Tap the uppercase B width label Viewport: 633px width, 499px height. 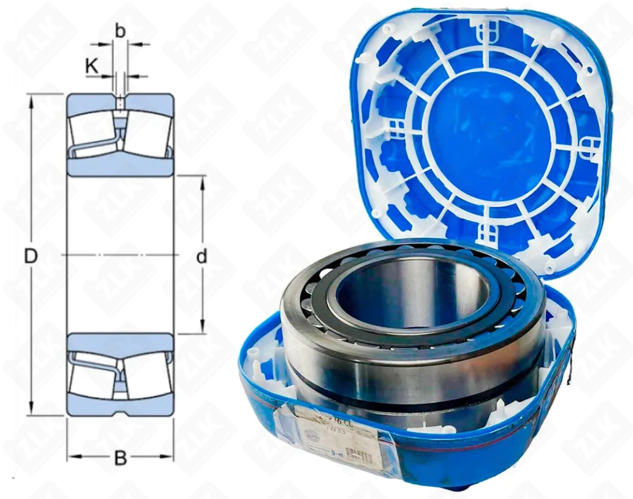[x=120, y=458]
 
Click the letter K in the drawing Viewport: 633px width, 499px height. [x=92, y=65]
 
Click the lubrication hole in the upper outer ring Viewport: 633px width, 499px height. [x=120, y=101]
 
